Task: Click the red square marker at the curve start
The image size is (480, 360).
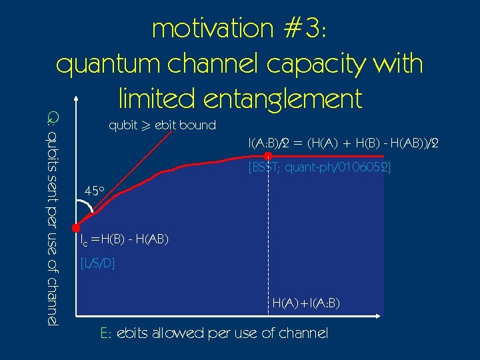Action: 77,227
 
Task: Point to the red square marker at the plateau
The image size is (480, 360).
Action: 267,157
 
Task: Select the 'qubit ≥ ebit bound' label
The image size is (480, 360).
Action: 162,125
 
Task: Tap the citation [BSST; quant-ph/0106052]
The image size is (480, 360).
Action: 319,167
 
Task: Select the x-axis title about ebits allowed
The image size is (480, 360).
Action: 213,333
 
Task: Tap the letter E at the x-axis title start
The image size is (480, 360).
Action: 104,333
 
